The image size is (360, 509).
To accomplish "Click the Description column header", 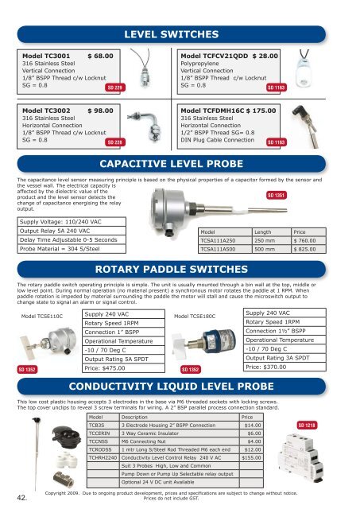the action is click(135, 417).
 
